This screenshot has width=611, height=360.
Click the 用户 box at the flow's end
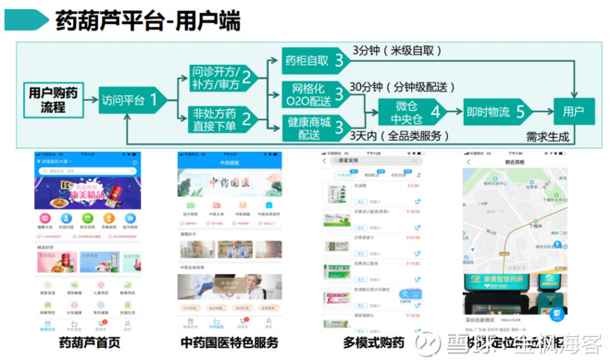(x=574, y=112)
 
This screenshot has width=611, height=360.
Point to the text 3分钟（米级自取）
(x=393, y=50)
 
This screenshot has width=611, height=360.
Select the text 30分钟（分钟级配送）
(x=402, y=87)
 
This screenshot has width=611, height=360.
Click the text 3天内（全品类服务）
(x=393, y=136)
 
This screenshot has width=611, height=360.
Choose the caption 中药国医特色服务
(x=226, y=342)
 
